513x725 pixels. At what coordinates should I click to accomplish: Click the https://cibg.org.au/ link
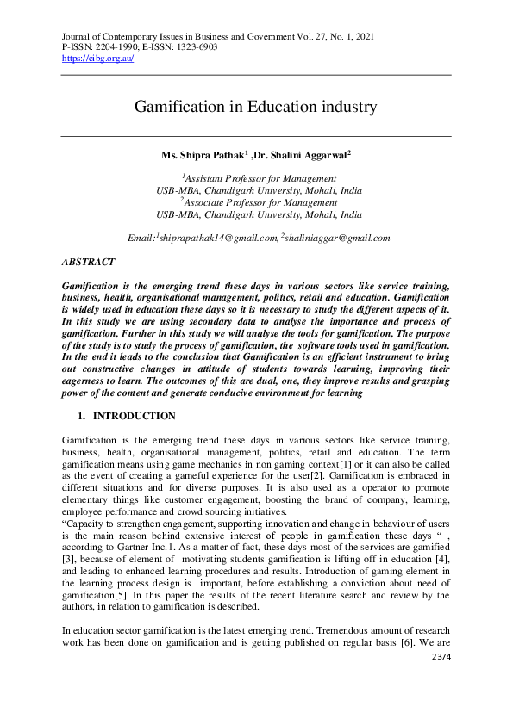point(98,59)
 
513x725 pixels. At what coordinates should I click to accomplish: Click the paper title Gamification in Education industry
point(256,108)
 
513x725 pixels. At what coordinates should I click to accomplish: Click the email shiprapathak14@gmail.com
point(217,238)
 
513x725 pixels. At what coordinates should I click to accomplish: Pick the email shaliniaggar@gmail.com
point(337,238)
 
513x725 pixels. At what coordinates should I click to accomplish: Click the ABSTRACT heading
point(89,261)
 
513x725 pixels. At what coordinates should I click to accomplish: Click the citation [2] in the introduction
point(318,475)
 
